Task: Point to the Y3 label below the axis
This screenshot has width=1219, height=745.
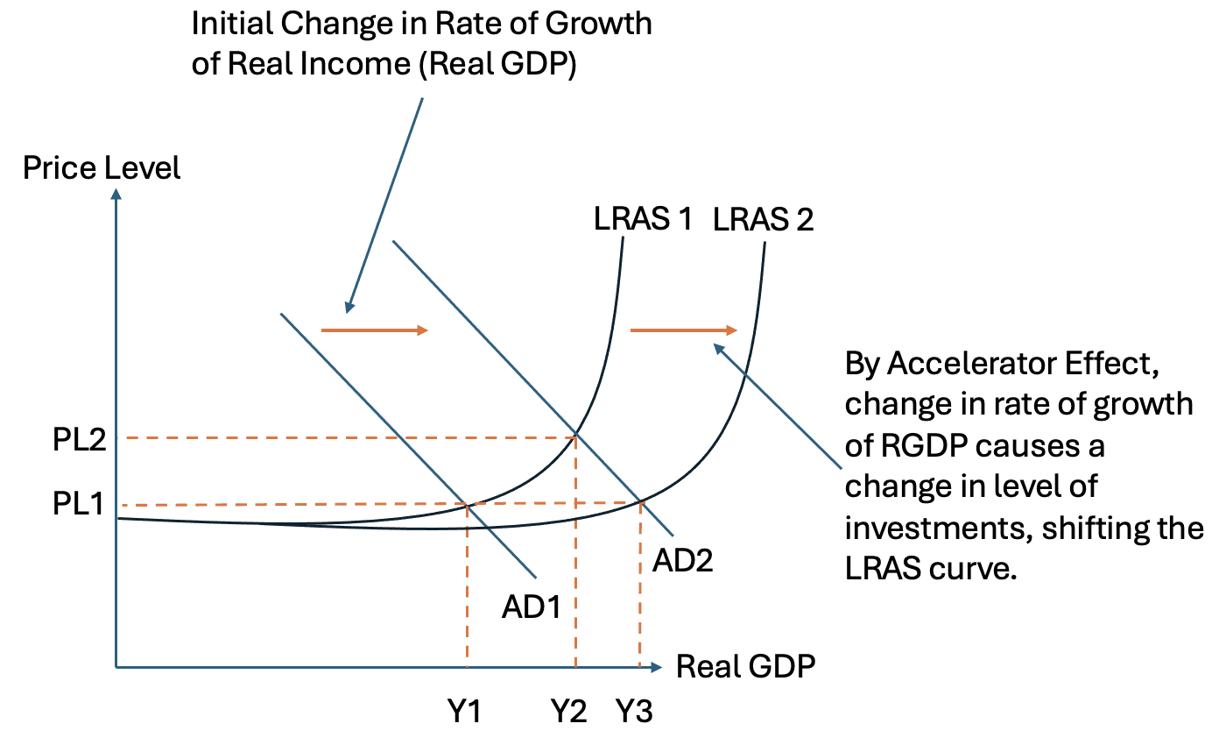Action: click(x=634, y=713)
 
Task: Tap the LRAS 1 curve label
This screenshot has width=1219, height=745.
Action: click(x=643, y=219)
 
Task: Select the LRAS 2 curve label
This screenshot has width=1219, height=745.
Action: click(x=764, y=219)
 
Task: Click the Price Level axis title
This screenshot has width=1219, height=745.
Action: click(x=102, y=167)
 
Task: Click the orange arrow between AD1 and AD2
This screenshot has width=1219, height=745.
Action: click(x=375, y=330)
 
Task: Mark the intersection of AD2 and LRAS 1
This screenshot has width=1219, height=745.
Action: click(x=575, y=436)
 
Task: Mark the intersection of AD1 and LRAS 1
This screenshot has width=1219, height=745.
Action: click(x=468, y=505)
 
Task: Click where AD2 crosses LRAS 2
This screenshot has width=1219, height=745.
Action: click(x=640, y=501)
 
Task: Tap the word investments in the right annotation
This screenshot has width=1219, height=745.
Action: click(x=938, y=529)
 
